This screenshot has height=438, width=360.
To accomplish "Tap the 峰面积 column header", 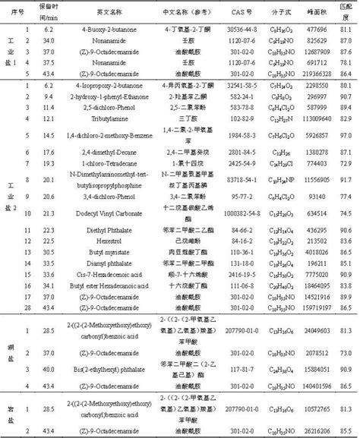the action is click(310, 14).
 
